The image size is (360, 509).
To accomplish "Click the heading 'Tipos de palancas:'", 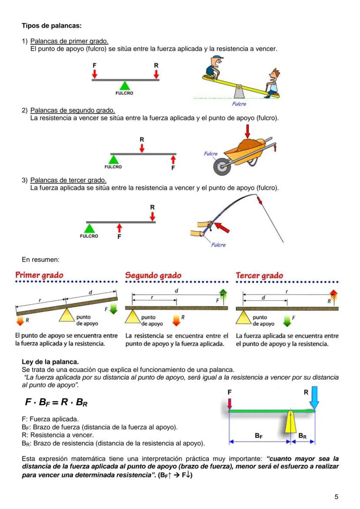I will [x=52, y=26].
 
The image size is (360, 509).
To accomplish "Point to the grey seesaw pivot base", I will [x=239, y=92].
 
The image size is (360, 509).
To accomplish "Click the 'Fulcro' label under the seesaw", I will [x=239, y=104].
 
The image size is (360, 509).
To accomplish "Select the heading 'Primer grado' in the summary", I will [x=39, y=275].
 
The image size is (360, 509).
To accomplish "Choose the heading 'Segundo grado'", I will [x=153, y=276].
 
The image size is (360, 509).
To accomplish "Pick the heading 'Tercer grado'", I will [x=259, y=276].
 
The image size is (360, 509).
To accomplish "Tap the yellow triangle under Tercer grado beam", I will [x=244, y=317].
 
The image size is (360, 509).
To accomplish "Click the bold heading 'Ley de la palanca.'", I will [x=50, y=362].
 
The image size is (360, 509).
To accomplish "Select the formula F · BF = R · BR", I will [x=57, y=403].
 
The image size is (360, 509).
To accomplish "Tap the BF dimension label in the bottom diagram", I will [x=258, y=435].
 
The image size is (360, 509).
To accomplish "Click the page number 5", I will [x=336, y=497].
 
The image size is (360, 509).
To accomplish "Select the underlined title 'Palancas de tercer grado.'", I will [x=68, y=180].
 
